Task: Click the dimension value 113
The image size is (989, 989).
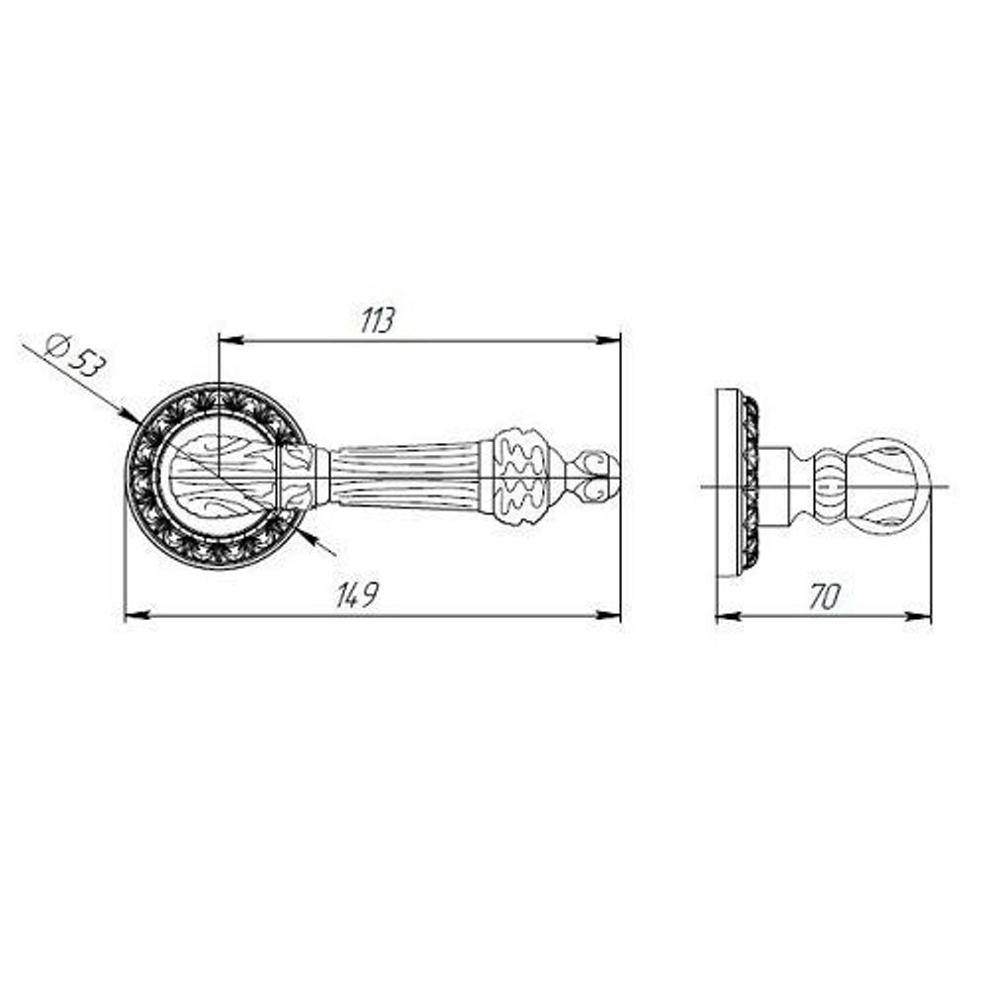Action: pos(378,320)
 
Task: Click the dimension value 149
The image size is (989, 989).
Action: pos(358,595)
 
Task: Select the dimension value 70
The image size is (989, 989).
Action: pos(824,596)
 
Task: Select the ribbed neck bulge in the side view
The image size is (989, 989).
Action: pos(830,485)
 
